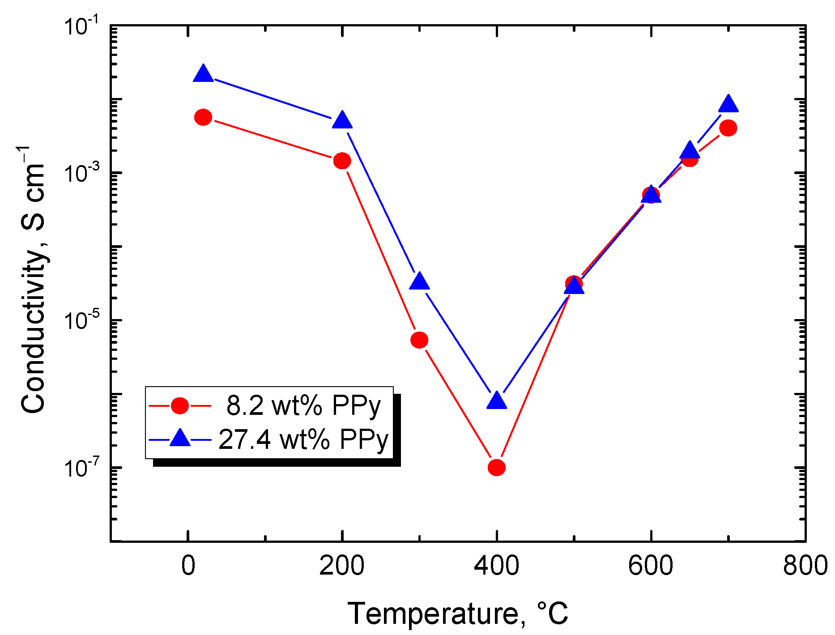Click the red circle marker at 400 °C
coord(497,468)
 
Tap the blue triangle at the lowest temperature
coord(203,74)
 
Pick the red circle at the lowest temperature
coord(203,117)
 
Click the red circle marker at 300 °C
coord(419,340)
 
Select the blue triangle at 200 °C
coord(342,120)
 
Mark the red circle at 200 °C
coord(342,161)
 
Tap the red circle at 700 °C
coord(728,128)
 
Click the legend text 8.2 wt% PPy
coord(303,406)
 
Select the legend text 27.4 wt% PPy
coord(303,439)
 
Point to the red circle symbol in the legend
coord(180,405)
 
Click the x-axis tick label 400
coord(496,566)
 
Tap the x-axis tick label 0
coord(188,566)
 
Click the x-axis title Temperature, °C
coord(458,614)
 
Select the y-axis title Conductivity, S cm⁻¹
coord(33,280)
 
